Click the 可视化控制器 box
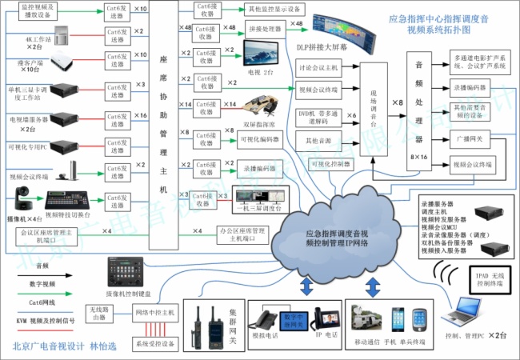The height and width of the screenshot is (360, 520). pyautogui.click(x=330, y=163)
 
